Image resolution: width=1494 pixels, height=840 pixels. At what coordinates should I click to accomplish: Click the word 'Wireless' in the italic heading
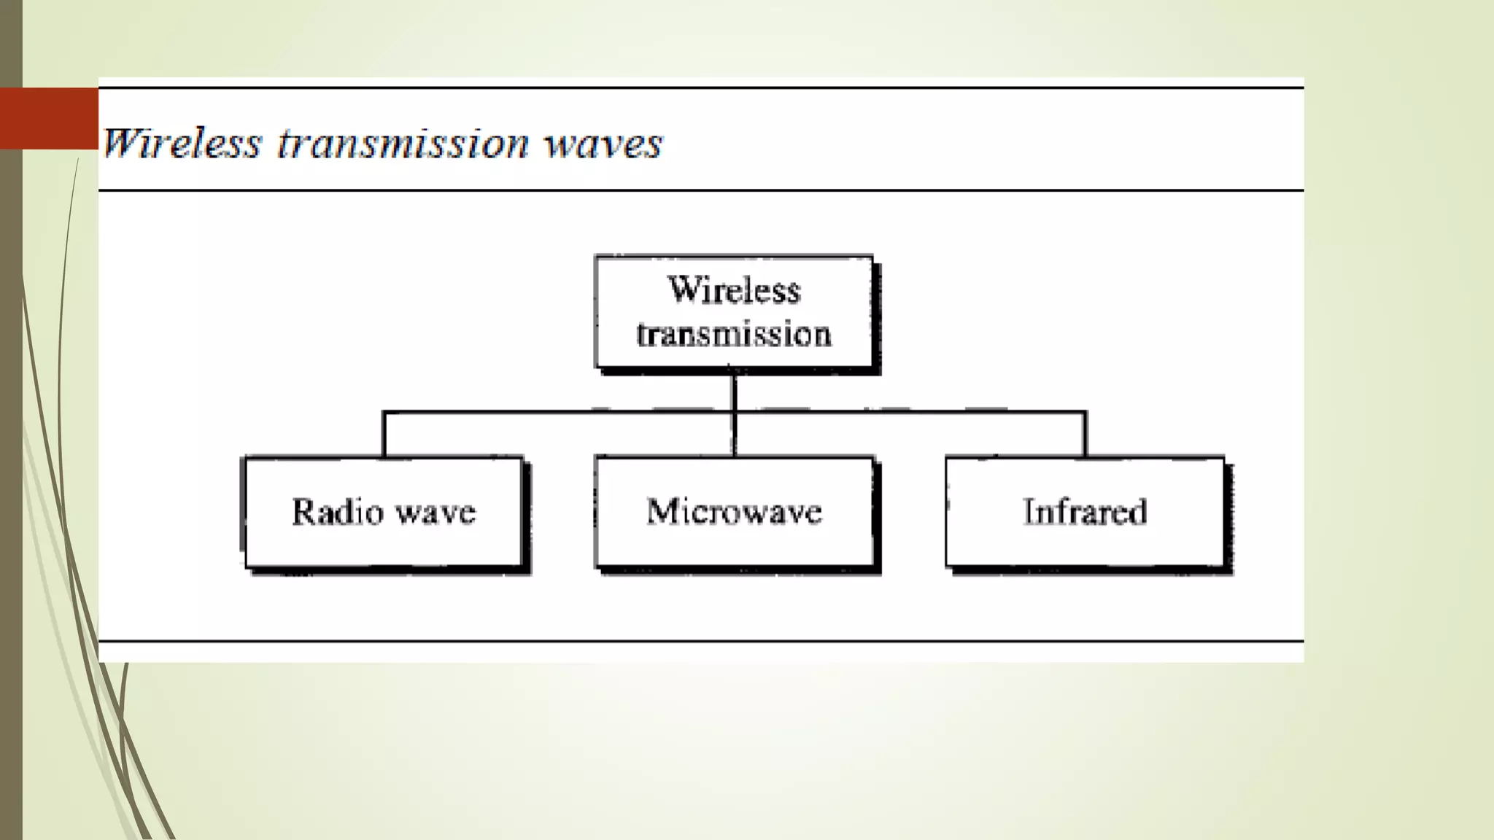(x=181, y=143)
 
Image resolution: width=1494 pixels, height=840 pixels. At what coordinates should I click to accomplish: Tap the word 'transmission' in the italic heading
(x=403, y=143)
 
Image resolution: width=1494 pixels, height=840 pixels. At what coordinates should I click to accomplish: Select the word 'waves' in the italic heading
(x=603, y=143)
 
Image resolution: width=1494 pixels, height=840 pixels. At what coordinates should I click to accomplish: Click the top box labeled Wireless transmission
(x=734, y=312)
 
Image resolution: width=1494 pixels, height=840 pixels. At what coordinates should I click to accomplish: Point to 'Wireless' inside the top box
(x=734, y=289)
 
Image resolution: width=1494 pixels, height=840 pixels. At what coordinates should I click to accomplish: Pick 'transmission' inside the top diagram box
(x=734, y=335)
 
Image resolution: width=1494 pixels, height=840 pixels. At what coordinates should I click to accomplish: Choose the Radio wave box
(x=384, y=512)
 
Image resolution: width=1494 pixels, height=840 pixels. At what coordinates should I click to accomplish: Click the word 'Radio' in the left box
(x=337, y=512)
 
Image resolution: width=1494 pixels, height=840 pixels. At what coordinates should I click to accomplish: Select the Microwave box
(x=734, y=512)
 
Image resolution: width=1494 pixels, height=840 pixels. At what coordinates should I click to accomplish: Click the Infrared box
(x=1085, y=512)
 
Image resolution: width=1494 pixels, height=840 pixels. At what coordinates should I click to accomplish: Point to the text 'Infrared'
(x=1085, y=512)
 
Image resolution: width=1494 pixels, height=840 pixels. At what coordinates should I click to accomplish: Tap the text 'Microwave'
(x=734, y=512)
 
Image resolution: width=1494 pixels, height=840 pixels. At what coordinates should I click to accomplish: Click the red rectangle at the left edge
(x=49, y=118)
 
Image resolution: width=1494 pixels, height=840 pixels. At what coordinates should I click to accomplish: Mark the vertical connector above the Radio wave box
(x=384, y=435)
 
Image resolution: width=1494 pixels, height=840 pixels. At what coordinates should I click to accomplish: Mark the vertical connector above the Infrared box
(x=1085, y=435)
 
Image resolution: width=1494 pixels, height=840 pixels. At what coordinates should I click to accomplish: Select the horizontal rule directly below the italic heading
(x=700, y=190)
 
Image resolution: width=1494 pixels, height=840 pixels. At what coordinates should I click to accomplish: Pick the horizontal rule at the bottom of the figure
(x=700, y=642)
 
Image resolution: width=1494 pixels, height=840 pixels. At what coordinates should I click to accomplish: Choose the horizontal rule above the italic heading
(x=700, y=87)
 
